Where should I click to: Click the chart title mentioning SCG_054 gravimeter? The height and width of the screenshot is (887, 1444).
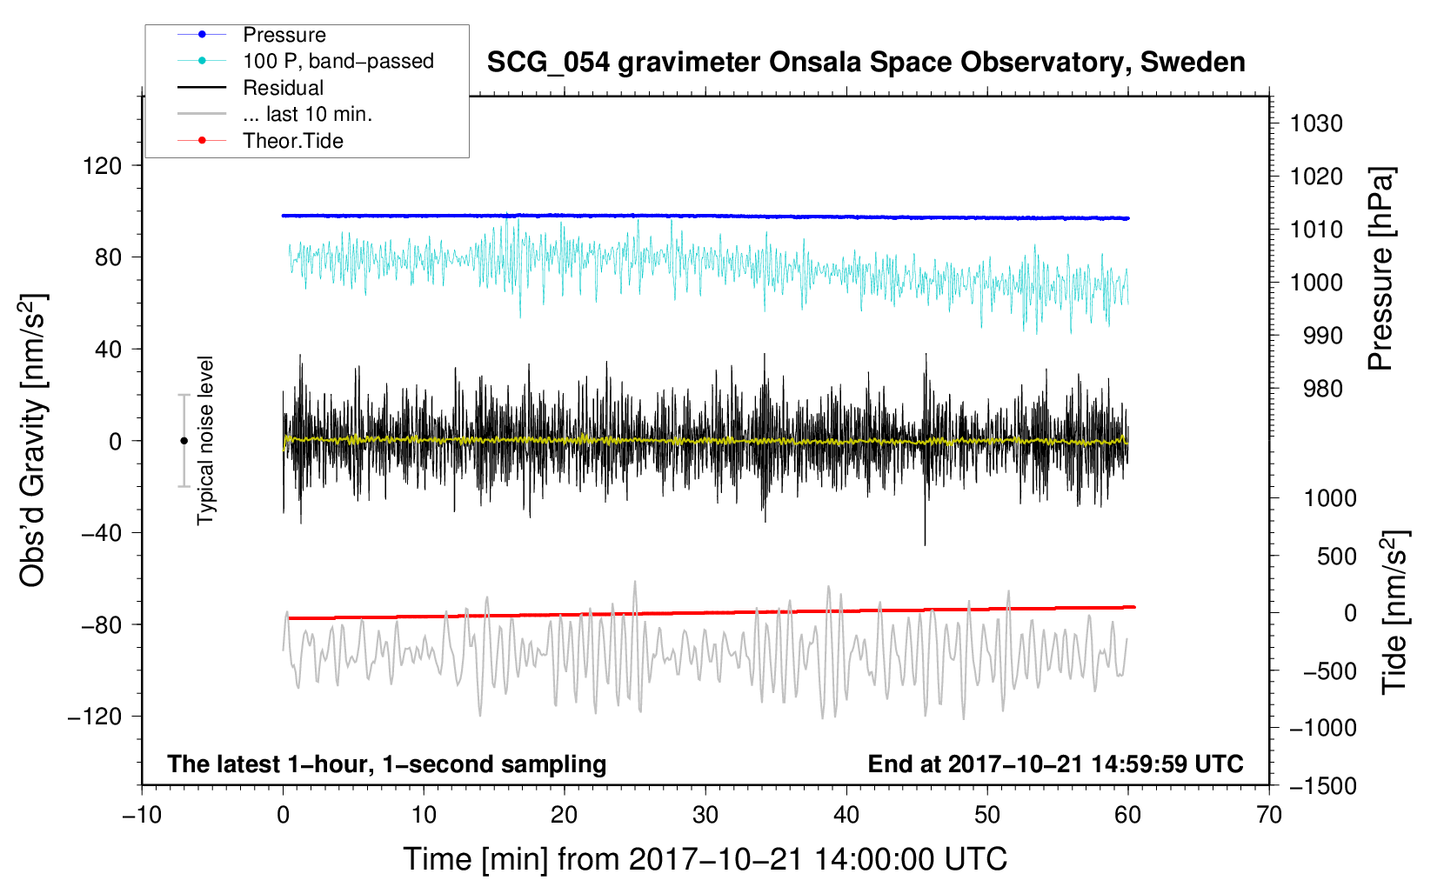tap(866, 63)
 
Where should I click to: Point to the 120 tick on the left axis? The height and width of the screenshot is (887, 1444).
tap(103, 166)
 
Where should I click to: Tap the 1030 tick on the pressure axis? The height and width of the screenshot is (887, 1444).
tap(1316, 123)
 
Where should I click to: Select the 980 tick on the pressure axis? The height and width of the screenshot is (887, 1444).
tap(1323, 389)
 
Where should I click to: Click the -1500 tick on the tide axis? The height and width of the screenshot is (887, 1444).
tap(1323, 786)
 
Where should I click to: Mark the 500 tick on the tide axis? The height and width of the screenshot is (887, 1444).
tap(1337, 557)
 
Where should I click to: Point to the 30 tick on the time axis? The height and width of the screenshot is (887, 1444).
tap(705, 815)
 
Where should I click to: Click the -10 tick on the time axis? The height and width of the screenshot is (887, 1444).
tap(142, 815)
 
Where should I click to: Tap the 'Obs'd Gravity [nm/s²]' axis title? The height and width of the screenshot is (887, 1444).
tap(33, 440)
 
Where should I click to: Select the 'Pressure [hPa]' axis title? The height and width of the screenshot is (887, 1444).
tap(1380, 269)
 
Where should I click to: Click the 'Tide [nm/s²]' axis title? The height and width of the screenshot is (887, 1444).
tap(1395, 612)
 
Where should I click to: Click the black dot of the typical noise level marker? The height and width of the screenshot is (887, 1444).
tap(184, 441)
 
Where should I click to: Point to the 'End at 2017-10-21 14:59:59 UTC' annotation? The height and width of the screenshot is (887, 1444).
tap(1055, 764)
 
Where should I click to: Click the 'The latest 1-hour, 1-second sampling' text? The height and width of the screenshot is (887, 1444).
tap(387, 764)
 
